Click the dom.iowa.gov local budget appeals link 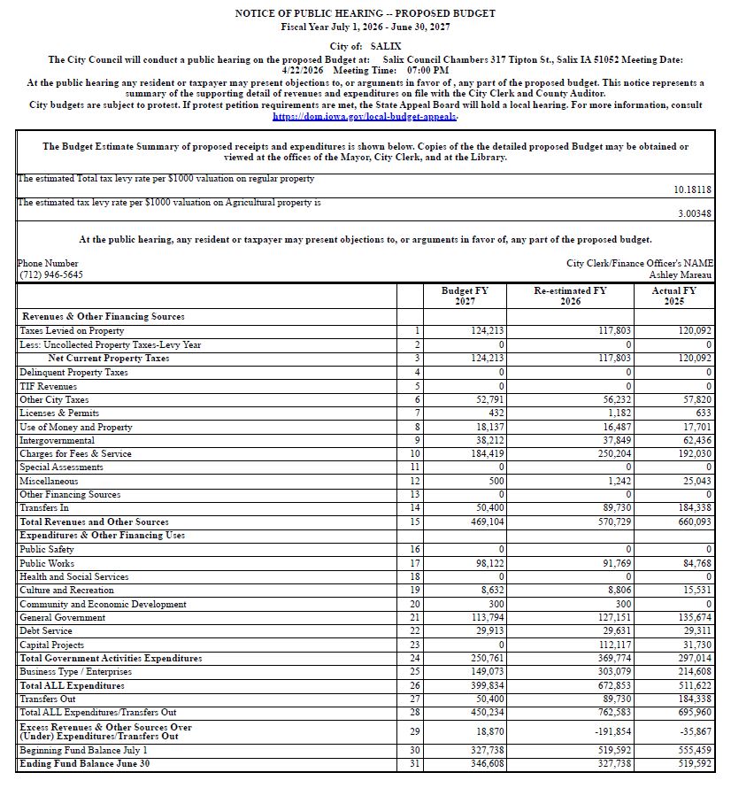[x=365, y=117]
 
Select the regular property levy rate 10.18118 [x=693, y=189]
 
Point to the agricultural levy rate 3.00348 [x=696, y=214]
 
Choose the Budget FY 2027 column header [x=465, y=296]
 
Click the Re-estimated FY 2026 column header [x=570, y=296]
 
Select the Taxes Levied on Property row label [x=72, y=331]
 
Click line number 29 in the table [x=416, y=730]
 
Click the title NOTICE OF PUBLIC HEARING [x=365, y=14]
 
